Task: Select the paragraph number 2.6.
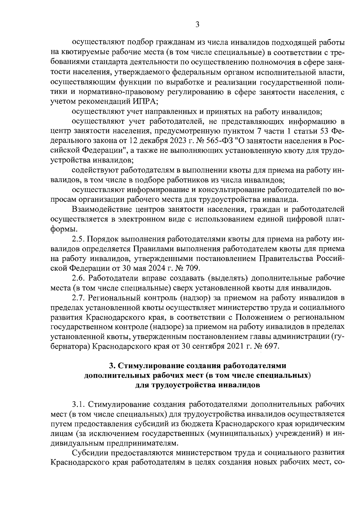coord(78,278)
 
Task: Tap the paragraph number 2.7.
coord(78,298)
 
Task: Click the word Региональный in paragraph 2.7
coord(114,298)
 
